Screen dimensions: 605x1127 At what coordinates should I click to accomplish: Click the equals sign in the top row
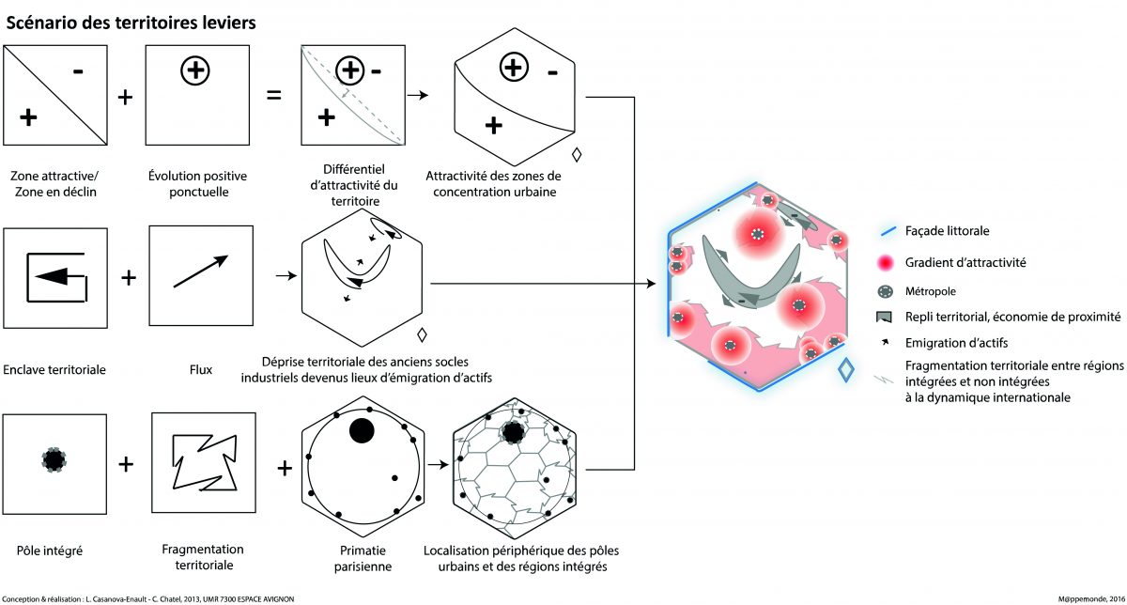click(274, 97)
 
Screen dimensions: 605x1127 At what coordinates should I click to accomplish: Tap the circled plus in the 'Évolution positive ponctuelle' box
click(195, 70)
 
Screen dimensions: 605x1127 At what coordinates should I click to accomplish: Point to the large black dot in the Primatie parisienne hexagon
click(361, 430)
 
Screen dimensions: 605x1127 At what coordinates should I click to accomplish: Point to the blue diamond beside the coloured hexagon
click(846, 370)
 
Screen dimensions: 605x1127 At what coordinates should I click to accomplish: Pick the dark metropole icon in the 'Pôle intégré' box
click(54, 459)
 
